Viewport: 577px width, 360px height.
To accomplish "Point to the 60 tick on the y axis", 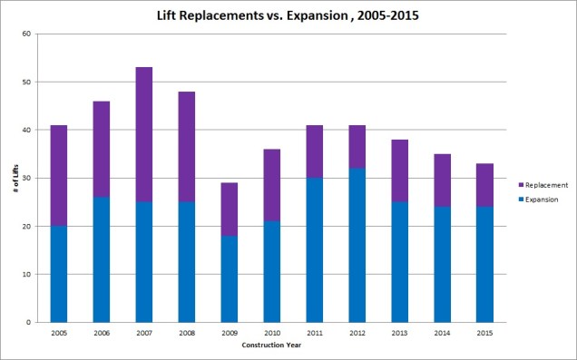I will coord(26,34).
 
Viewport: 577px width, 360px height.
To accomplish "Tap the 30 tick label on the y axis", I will coord(26,178).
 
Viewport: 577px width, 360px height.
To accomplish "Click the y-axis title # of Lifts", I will coord(11,178).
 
